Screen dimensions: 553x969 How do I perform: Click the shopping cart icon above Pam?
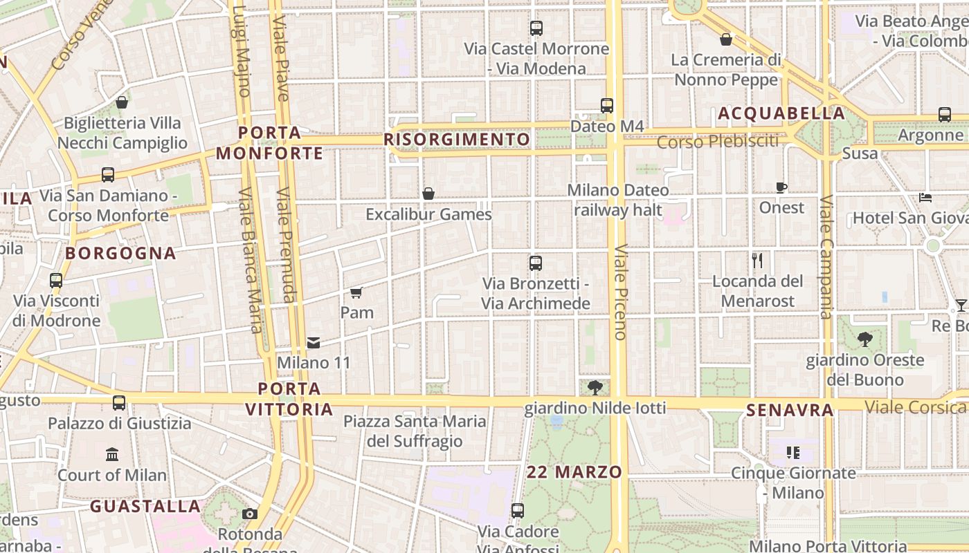(356, 292)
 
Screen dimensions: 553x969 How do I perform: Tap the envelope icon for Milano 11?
(314, 342)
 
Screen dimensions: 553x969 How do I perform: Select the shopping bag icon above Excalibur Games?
(428, 194)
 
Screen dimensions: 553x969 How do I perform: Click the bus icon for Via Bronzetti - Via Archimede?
(535, 263)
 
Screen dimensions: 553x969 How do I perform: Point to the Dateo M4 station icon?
(607, 106)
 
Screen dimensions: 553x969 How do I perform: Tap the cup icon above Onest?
(781, 187)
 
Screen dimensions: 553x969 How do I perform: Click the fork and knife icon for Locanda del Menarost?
(757, 261)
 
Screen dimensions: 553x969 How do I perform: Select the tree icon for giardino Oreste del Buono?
(864, 339)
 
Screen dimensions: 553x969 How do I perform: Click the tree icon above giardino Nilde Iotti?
(595, 388)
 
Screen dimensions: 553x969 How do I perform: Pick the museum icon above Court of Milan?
(112, 454)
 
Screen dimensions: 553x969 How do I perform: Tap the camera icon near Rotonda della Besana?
(250, 514)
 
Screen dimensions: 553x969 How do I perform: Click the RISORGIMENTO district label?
(457, 140)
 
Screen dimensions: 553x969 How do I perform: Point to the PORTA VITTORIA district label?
(289, 399)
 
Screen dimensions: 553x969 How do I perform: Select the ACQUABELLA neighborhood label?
(781, 113)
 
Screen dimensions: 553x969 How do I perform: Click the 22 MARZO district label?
(574, 472)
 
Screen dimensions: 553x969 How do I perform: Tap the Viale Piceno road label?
(620, 292)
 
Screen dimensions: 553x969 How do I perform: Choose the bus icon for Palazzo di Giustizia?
(119, 402)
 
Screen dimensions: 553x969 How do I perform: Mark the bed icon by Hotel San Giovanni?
(925, 198)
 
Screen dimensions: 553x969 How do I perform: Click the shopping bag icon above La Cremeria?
(726, 39)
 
